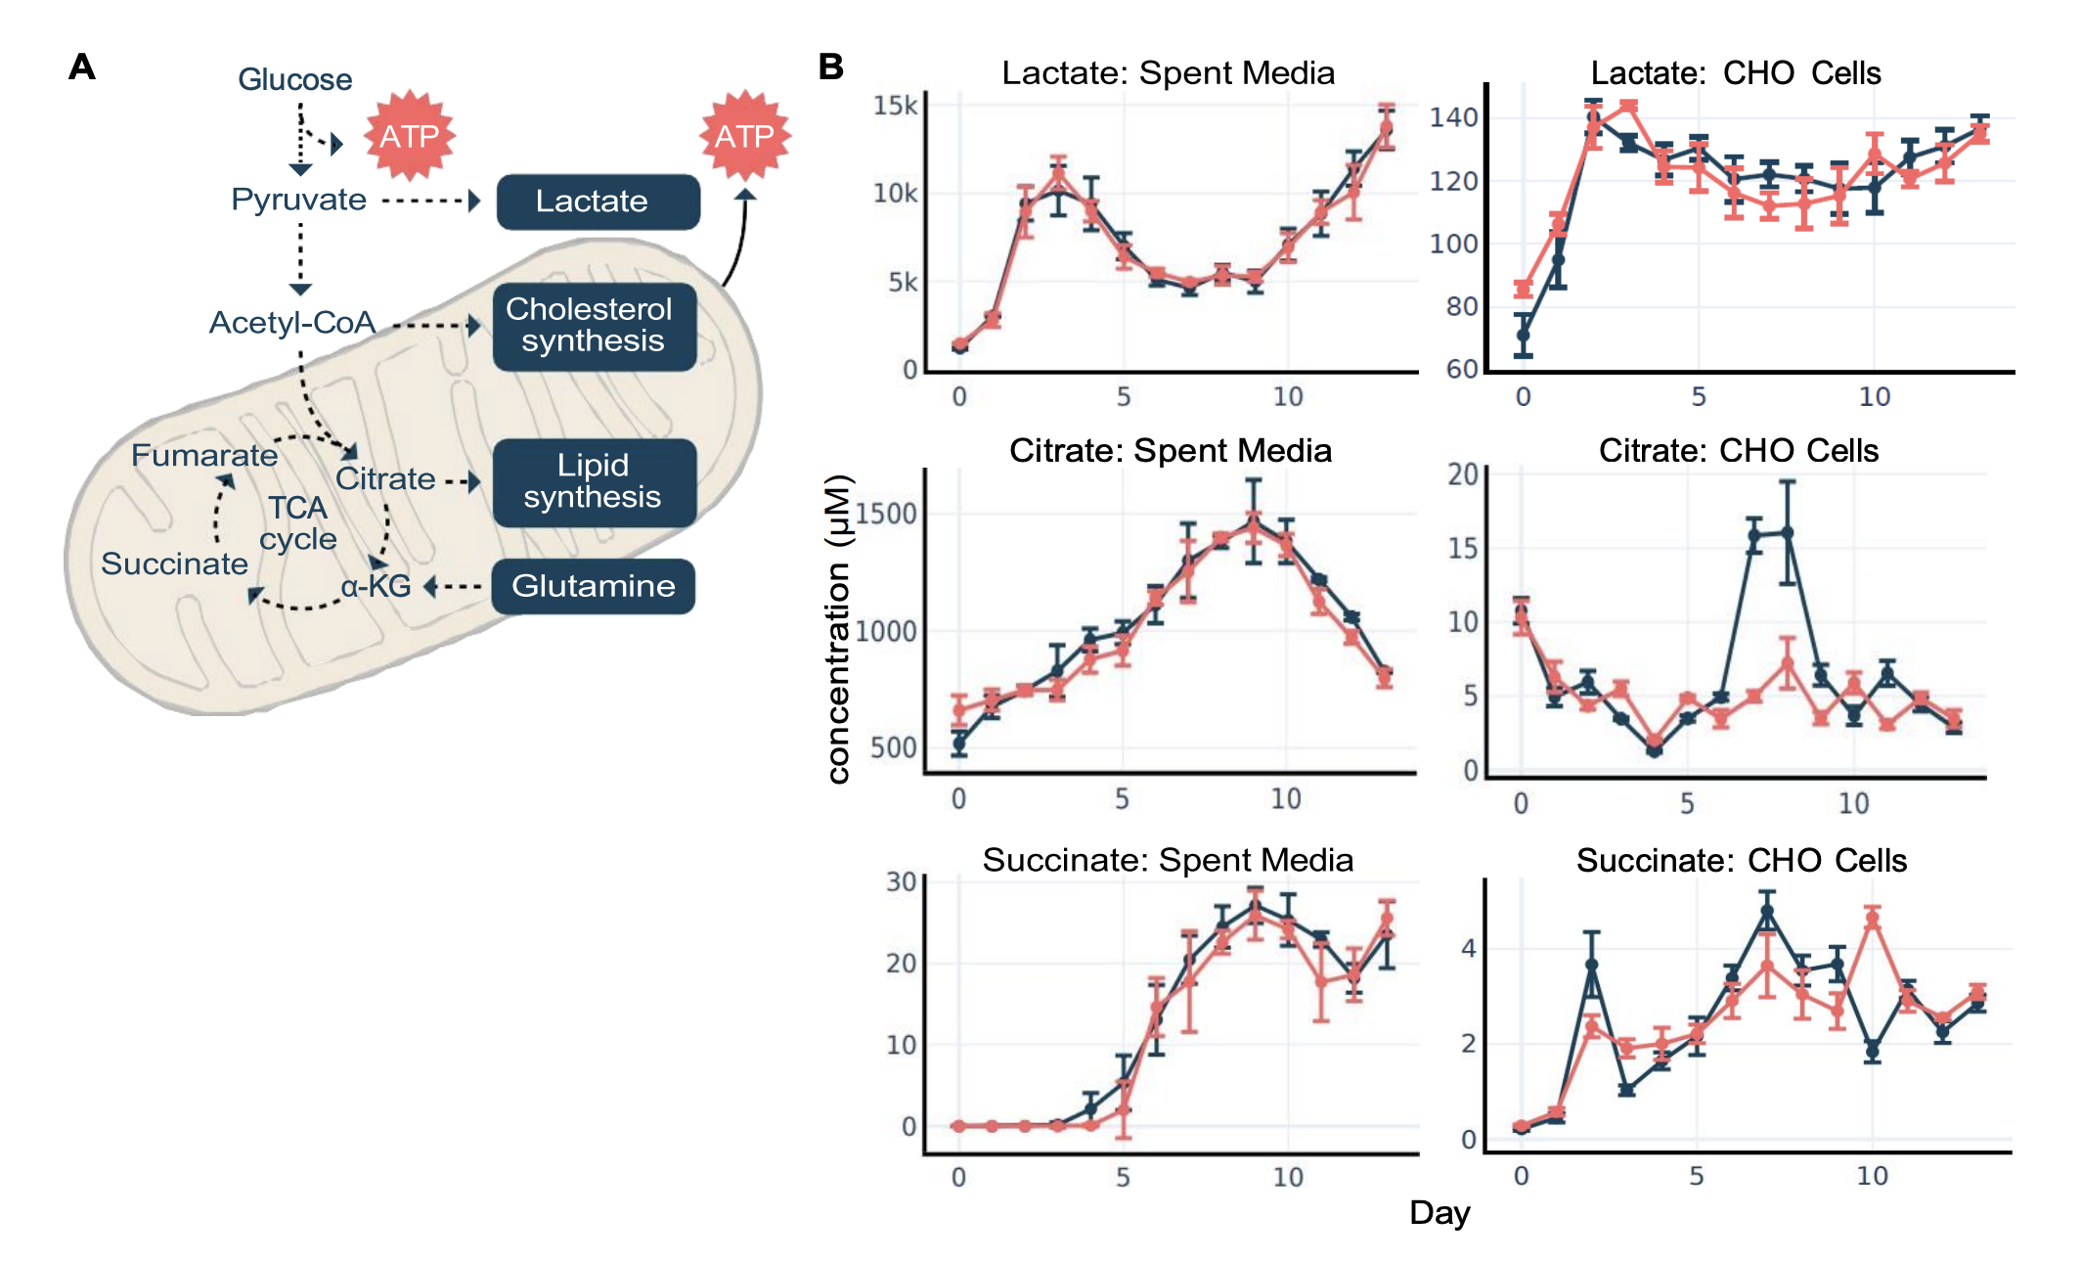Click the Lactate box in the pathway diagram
coord(598,202)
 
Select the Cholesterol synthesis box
coord(594,326)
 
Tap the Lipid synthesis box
coord(594,481)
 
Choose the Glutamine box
coord(593,586)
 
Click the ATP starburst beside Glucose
coord(410,136)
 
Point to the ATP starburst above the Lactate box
coord(744,136)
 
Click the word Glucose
coord(294,79)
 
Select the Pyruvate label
coord(298,200)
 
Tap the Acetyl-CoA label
coord(291,322)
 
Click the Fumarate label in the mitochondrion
coord(204,455)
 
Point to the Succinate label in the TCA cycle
coord(174,563)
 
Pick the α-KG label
coord(376,586)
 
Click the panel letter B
coord(830,67)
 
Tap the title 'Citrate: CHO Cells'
coord(1738,450)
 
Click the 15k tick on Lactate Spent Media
coord(895,106)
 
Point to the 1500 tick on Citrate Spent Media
coord(886,514)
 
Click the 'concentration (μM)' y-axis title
coord(839,629)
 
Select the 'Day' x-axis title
coord(1439,1212)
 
